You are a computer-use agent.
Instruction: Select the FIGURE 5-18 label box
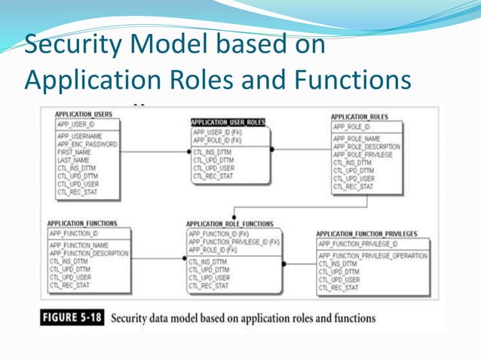[72, 317]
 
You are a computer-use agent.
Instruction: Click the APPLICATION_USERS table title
[84, 114]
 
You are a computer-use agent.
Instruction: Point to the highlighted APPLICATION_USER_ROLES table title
[228, 122]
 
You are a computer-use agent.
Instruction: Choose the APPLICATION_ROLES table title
[360, 117]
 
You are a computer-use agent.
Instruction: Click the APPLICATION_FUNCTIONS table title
[82, 224]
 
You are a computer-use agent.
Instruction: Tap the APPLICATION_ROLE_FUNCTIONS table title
[229, 224]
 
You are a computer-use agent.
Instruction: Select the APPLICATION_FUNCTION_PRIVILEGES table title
[366, 234]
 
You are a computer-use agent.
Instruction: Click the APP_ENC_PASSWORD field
[87, 144]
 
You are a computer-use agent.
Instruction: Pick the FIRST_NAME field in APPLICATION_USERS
[74, 151]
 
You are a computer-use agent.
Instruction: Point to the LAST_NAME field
[72, 159]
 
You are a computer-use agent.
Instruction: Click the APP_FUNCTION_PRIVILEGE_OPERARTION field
[372, 256]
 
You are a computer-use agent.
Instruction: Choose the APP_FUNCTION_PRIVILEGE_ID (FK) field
[234, 242]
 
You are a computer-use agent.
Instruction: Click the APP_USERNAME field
[80, 136]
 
